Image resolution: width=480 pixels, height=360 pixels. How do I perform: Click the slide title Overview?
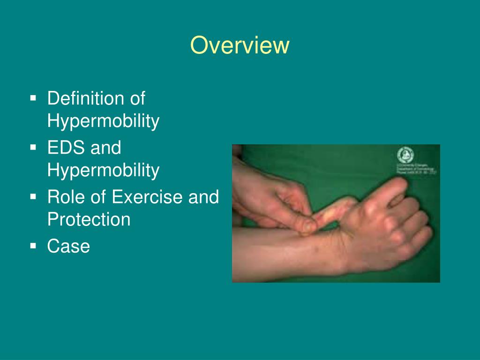[x=240, y=45]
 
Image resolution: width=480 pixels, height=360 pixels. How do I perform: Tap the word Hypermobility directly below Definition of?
[x=103, y=121]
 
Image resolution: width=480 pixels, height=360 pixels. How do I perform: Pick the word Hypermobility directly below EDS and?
[x=103, y=170]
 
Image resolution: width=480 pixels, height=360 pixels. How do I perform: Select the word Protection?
[x=89, y=219]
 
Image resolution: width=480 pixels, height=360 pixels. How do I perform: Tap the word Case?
[x=68, y=246]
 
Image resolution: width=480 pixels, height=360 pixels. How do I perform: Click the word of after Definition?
[x=136, y=99]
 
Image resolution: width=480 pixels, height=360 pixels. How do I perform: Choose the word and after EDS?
[x=106, y=148]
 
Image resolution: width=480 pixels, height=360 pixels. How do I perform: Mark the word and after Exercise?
[x=203, y=197]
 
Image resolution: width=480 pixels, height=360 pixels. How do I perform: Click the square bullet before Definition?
[x=33, y=98]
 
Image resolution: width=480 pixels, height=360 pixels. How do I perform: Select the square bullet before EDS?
[x=33, y=148]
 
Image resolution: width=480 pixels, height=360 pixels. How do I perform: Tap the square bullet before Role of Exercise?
[x=33, y=197]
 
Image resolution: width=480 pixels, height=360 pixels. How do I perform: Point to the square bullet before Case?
[x=33, y=246]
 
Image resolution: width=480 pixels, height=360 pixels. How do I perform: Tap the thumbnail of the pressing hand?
[x=308, y=226]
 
